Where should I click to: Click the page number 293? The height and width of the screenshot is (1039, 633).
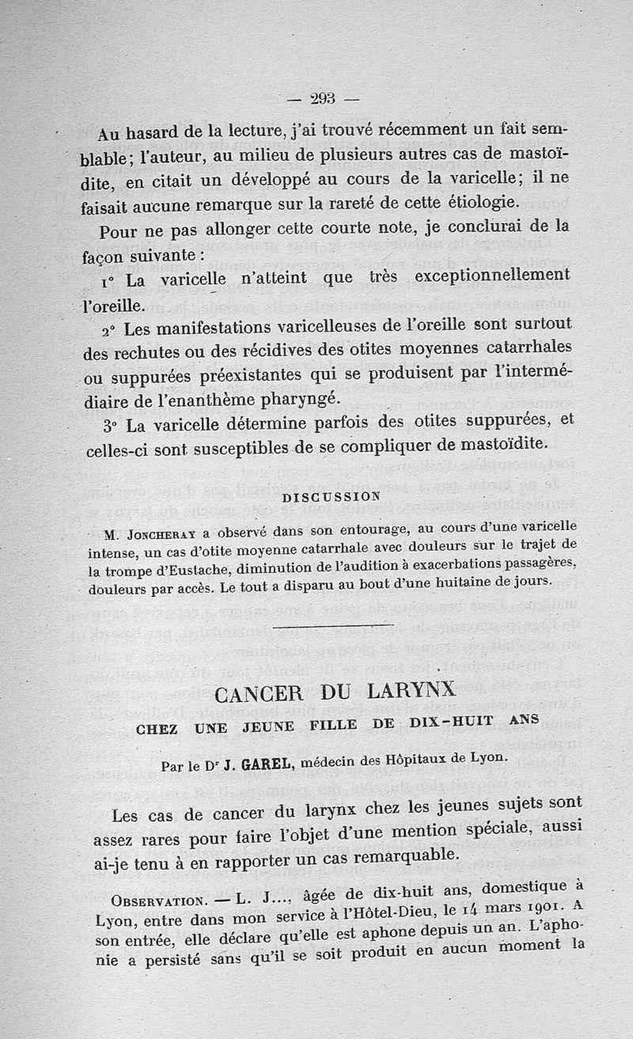coord(323,99)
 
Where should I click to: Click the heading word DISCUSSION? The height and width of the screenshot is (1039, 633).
coord(331,496)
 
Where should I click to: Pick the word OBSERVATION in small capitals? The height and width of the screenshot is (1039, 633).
coord(156,901)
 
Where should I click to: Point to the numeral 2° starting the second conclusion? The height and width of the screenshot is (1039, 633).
coord(110,328)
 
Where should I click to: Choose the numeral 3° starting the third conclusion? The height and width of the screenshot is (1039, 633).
coord(110,426)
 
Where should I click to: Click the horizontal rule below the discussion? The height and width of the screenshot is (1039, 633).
coord(332,627)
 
